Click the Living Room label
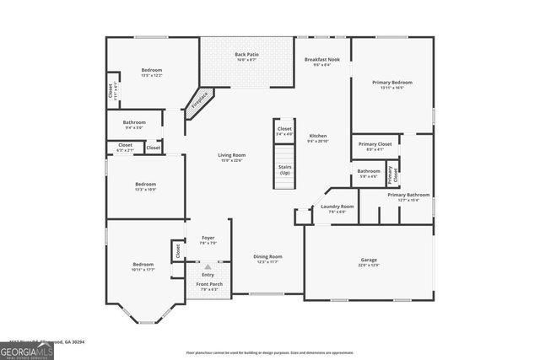pos(232,155)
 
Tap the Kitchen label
pos(318,137)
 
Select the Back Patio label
pos(246,55)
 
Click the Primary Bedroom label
pos(392,83)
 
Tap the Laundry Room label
pos(337,207)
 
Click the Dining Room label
pos(268,256)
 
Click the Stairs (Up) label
pos(285,169)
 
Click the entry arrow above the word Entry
pos(208,267)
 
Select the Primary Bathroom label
pos(408,195)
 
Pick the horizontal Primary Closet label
pos(375,144)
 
